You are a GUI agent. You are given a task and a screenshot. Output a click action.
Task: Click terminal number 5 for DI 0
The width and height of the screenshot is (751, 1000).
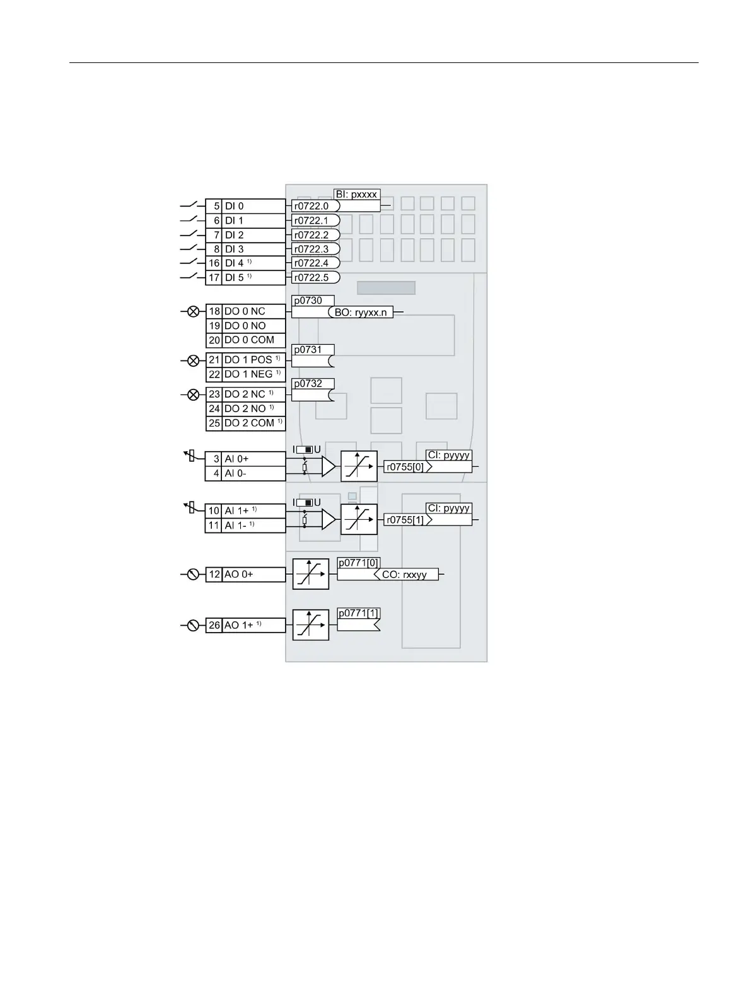pos(214,206)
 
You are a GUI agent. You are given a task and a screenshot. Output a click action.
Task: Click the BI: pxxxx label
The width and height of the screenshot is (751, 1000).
pos(356,195)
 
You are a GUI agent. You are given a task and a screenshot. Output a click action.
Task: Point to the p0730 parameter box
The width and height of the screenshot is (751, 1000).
pos(313,301)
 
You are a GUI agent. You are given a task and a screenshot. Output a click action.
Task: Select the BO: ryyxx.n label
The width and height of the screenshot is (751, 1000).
pos(361,313)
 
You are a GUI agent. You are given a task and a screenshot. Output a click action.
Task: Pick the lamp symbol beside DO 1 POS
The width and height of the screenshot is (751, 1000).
pos(194,360)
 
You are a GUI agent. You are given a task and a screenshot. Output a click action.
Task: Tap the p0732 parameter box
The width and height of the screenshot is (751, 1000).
pos(313,384)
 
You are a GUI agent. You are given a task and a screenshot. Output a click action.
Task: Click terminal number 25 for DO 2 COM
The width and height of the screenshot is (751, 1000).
pos(214,423)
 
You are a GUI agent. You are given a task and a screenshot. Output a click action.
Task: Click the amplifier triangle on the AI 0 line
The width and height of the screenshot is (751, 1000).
pos(328,466)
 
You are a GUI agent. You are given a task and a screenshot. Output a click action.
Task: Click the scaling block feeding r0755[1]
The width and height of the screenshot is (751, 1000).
pos(359,519)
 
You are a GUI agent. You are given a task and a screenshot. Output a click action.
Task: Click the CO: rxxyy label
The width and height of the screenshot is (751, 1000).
pos(404,575)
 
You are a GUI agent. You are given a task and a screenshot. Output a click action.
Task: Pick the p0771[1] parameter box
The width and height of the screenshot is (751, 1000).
pos(359,613)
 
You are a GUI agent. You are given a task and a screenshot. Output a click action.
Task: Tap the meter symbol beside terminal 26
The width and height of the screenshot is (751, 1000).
pos(194,625)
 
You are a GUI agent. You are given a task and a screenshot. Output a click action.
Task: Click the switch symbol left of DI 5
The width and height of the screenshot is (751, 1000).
pos(189,277)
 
